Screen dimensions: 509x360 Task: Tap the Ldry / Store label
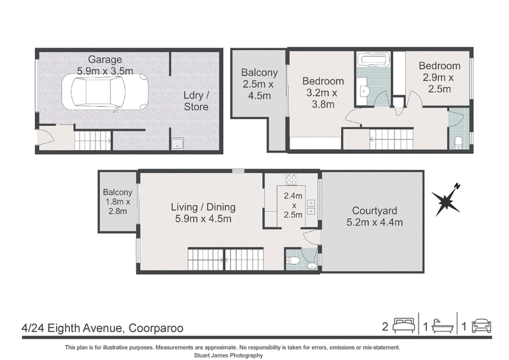(197, 101)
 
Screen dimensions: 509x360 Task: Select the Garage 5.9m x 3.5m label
(105, 65)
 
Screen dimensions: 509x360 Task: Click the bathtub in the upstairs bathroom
(373, 60)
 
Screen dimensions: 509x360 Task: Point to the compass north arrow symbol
(447, 200)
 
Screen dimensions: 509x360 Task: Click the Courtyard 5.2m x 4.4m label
(375, 216)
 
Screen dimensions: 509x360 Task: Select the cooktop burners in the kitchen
(291, 179)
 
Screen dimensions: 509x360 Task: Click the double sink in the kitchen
(311, 207)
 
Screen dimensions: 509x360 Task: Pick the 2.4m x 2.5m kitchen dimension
(293, 205)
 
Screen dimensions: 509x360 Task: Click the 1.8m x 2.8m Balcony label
(118, 202)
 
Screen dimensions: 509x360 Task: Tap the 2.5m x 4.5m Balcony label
(260, 84)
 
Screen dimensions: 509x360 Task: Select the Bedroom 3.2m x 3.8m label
(323, 92)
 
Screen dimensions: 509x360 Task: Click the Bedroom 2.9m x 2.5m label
(440, 77)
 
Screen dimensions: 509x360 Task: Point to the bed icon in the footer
(404, 326)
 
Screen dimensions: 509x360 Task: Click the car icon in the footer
(482, 326)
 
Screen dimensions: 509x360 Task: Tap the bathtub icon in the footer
(442, 326)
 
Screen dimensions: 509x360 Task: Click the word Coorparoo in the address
(156, 328)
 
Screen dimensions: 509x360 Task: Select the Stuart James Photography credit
(228, 356)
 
